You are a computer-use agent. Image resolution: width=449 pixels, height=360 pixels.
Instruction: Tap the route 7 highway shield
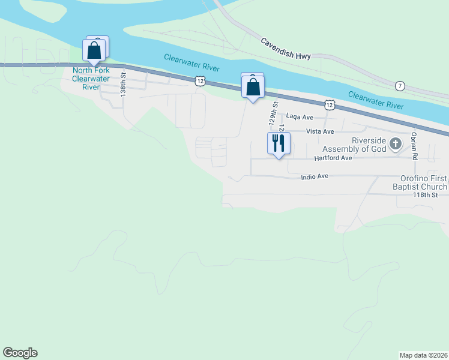(400, 86)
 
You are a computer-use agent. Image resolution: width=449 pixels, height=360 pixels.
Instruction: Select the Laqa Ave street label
(300, 116)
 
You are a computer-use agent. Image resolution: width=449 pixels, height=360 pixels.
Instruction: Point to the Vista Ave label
(319, 131)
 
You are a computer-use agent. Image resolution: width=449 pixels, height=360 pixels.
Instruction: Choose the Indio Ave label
(315, 176)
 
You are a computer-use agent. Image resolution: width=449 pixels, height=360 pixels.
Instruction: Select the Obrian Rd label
(414, 146)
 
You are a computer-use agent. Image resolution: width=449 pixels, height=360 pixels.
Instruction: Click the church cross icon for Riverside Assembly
(395, 143)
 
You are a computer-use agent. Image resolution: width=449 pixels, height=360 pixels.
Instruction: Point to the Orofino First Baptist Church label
(424, 182)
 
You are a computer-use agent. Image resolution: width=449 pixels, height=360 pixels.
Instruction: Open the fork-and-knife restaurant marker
(279, 143)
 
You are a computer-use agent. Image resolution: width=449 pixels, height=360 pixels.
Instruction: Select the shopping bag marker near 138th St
(94, 50)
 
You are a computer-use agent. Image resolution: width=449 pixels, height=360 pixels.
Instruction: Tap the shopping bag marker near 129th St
(253, 87)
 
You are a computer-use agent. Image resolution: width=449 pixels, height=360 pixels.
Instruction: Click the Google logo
(20, 353)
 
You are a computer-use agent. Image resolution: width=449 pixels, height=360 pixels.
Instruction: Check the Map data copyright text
(423, 355)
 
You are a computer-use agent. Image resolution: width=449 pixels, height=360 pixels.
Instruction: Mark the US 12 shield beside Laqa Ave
(329, 105)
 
